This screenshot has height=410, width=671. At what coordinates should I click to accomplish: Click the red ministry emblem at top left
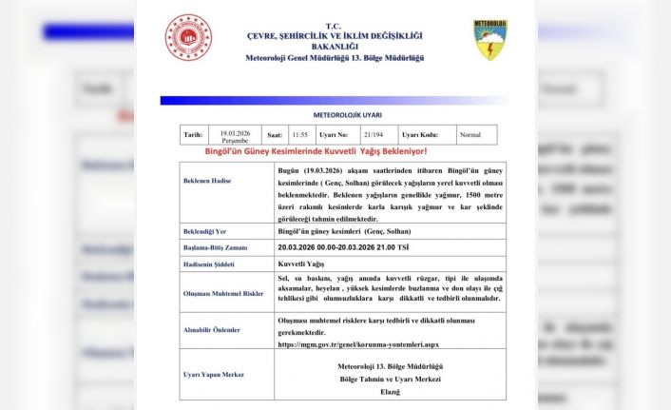pyautogui.click(x=189, y=38)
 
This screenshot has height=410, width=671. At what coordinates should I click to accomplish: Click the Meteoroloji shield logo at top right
pyautogui.click(x=490, y=40)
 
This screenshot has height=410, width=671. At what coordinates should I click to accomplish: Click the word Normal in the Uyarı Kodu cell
pyautogui.click(x=470, y=135)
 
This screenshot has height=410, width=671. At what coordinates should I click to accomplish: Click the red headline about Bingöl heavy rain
pyautogui.click(x=316, y=151)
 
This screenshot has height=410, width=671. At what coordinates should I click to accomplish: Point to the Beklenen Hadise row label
pyautogui.click(x=207, y=180)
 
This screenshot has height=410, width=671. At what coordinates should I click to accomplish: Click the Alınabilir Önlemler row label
pyautogui.click(x=212, y=330)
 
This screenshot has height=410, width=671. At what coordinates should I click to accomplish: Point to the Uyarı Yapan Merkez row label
pyautogui.click(x=214, y=375)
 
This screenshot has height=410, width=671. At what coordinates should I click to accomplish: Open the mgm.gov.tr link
pyautogui.click(x=359, y=344)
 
